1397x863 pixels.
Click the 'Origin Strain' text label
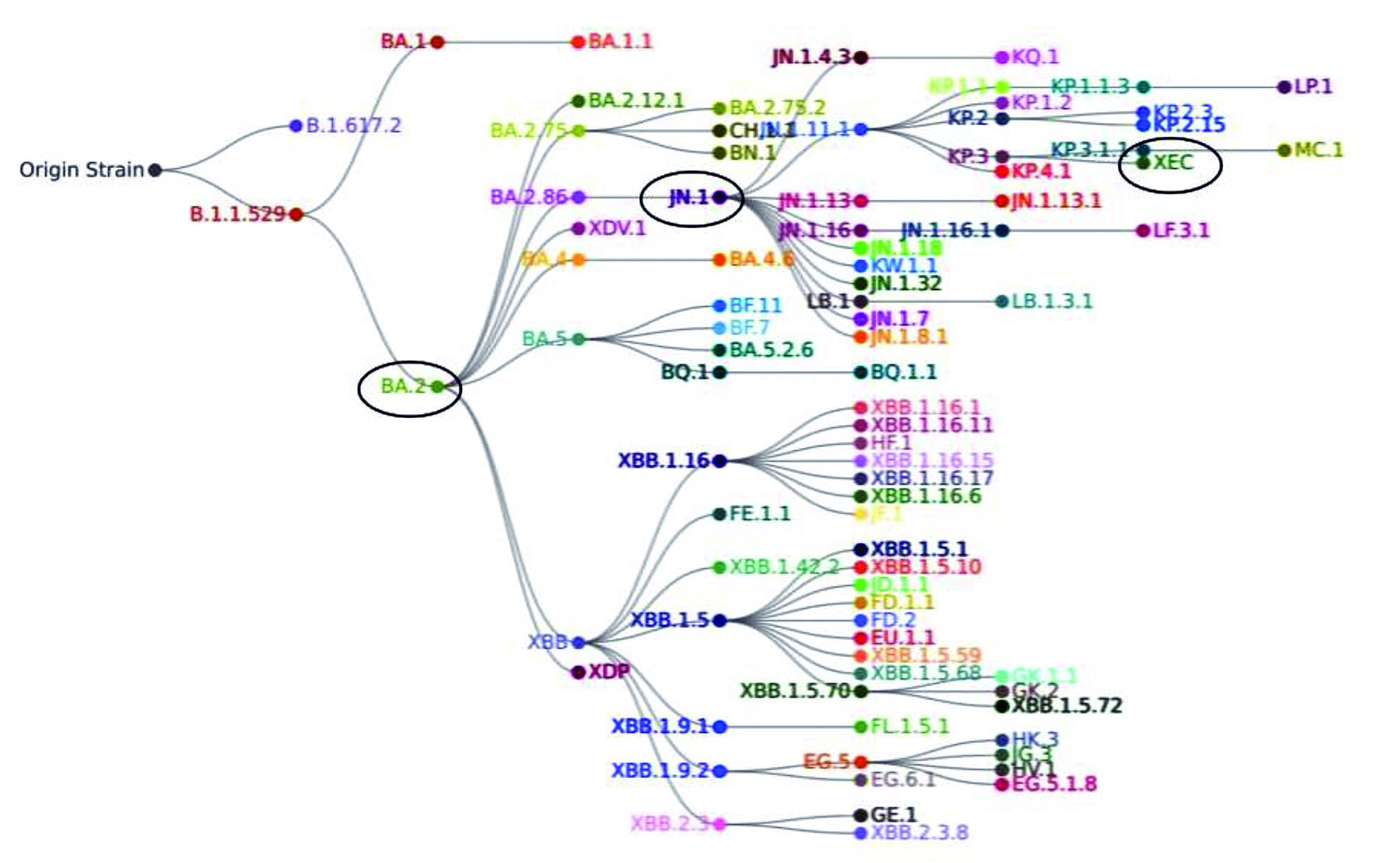[81, 170]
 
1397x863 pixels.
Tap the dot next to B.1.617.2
[296, 126]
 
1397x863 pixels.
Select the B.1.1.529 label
[237, 214]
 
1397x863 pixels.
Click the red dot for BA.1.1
[578, 42]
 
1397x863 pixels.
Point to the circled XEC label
[1173, 163]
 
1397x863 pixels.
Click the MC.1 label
[1318, 150]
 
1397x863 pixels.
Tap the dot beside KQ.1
[1002, 57]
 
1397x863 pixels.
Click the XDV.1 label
[617, 229]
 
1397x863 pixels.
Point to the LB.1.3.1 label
[1052, 301]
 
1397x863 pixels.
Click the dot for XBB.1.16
[720, 461]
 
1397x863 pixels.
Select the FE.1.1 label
[759, 514]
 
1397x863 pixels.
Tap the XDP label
[609, 672]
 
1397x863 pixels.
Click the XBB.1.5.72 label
[1067, 706]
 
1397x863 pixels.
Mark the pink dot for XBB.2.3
[720, 824]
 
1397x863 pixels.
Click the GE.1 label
[893, 814]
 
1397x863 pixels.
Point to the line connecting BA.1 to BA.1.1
[507, 42]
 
